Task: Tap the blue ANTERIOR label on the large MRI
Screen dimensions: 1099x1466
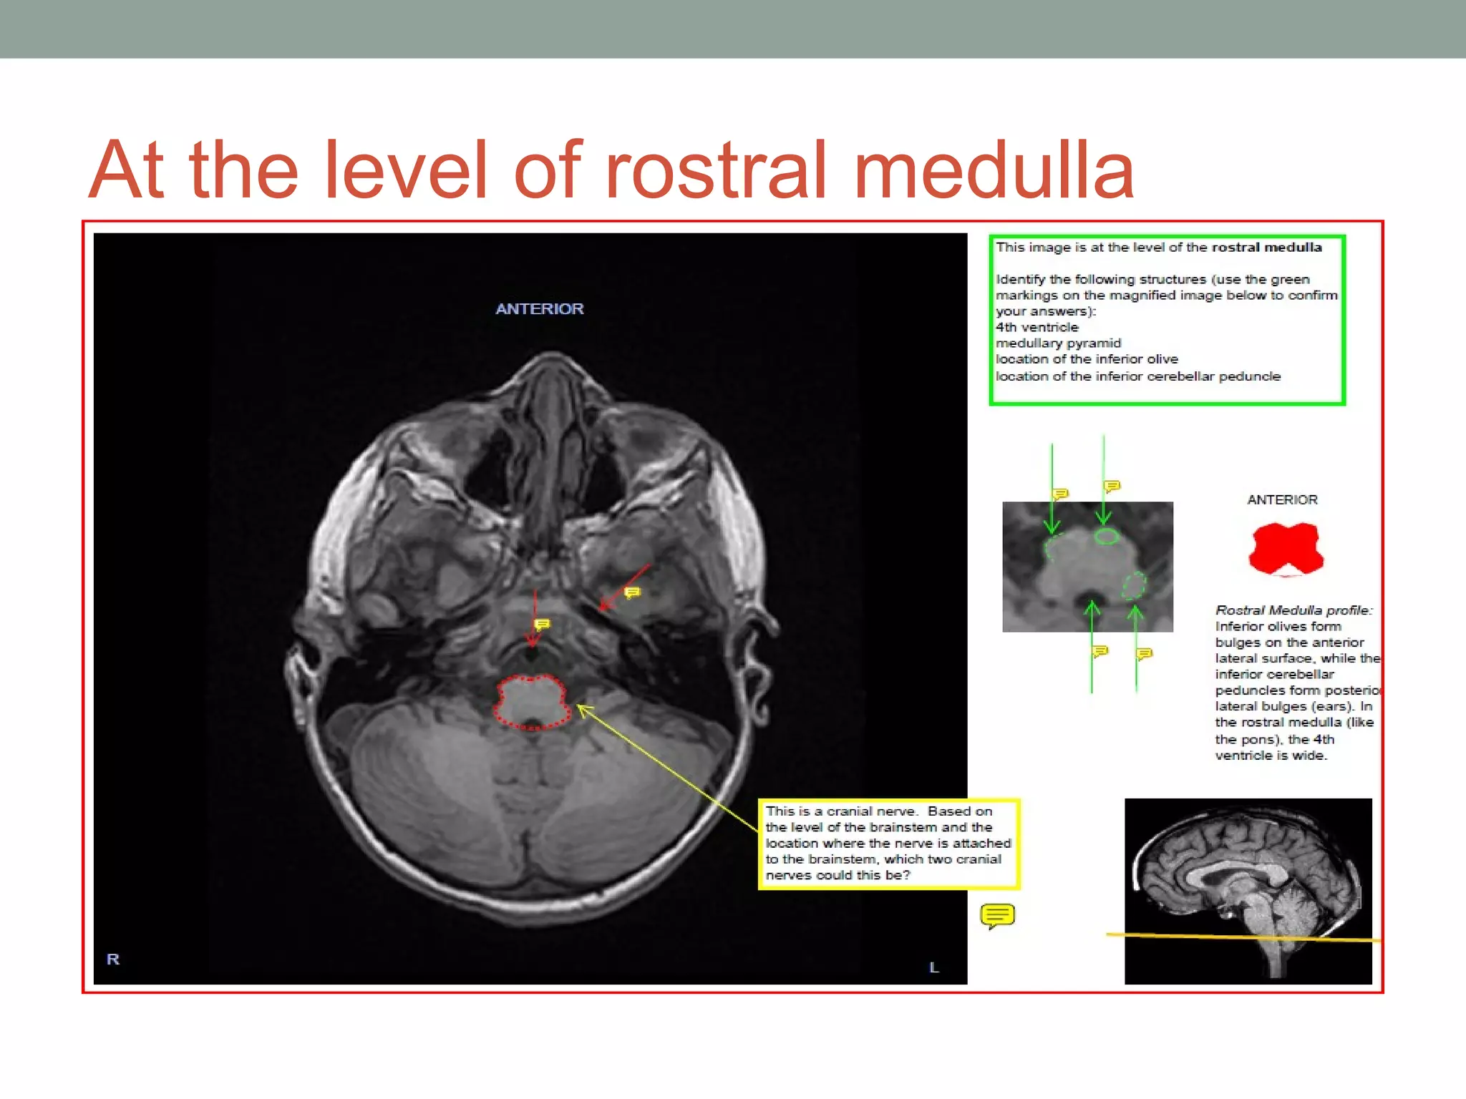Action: point(540,308)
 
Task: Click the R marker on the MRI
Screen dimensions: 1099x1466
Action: point(113,959)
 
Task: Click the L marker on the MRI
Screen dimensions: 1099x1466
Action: point(933,967)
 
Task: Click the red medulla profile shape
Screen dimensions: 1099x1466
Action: point(1286,548)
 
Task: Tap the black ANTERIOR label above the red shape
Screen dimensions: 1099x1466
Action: point(1282,499)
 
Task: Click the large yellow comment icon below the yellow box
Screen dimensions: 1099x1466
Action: point(997,915)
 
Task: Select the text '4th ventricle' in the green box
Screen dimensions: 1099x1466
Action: point(1037,327)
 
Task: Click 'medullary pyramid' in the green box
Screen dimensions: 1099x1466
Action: point(1058,343)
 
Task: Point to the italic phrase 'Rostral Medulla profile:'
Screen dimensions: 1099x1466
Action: point(1293,610)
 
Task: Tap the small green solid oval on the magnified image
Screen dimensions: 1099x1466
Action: point(1107,536)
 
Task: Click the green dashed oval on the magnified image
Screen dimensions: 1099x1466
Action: point(1133,585)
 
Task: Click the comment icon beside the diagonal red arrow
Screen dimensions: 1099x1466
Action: point(632,592)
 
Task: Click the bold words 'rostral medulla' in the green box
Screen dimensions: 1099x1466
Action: point(1266,248)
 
